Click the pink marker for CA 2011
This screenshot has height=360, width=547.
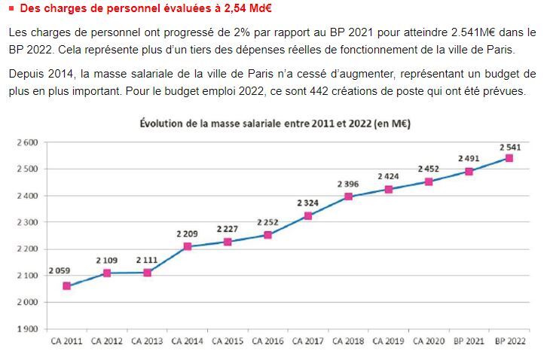pyautogui.click(x=66, y=286)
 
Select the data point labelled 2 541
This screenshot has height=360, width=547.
pyautogui.click(x=509, y=158)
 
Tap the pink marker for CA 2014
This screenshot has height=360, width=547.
pyautogui.click(x=188, y=246)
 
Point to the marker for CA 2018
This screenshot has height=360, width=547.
pyautogui.click(x=348, y=197)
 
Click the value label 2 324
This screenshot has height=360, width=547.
pyautogui.click(x=307, y=203)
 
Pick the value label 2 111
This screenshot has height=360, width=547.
pyautogui.click(x=147, y=260)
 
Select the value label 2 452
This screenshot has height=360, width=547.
pyautogui.click(x=428, y=169)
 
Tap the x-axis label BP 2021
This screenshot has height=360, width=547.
pyautogui.click(x=469, y=341)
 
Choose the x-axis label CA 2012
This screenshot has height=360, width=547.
pyautogui.click(x=107, y=341)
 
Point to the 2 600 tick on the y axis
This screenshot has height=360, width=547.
pyautogui.click(x=27, y=142)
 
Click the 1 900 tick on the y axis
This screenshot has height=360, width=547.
pyautogui.click(x=27, y=329)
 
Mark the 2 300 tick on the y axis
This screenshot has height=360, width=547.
pyautogui.click(x=27, y=222)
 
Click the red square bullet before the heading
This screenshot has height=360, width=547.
pyautogui.click(x=11, y=9)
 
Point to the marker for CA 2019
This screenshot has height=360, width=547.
pyautogui.click(x=388, y=189)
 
